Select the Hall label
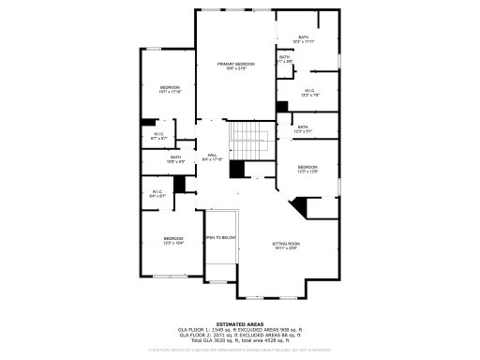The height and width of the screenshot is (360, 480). pyautogui.click(x=212, y=157)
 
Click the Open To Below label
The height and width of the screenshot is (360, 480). pyautogui.click(x=219, y=238)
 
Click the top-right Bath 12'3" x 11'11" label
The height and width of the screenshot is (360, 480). pyautogui.click(x=303, y=40)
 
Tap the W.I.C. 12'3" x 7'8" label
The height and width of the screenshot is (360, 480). pyautogui.click(x=310, y=94)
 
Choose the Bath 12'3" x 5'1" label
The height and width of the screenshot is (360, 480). pyautogui.click(x=303, y=129)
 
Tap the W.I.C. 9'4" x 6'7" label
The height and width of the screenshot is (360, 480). pyautogui.click(x=157, y=194)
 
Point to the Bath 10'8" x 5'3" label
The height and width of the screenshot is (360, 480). pyautogui.click(x=174, y=159)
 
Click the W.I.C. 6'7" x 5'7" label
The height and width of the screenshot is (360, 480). pyautogui.click(x=159, y=137)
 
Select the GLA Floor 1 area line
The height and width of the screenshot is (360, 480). pyautogui.click(x=240, y=330)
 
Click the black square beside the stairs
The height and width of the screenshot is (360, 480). pyautogui.click(x=237, y=170)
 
